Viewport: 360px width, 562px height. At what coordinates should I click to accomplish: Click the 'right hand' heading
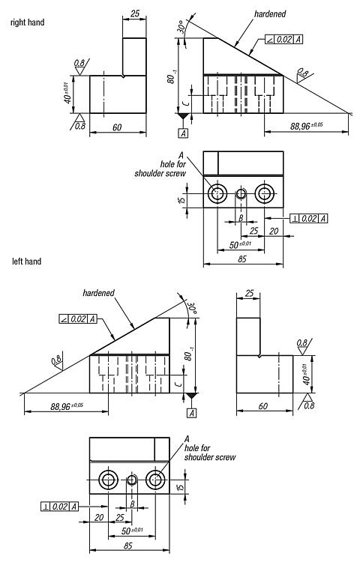[27, 22]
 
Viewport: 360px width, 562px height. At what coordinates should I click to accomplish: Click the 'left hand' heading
[26, 262]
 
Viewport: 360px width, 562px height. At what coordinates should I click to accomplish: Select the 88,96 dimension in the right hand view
[307, 126]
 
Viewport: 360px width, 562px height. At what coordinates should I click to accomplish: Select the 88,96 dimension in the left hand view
[67, 406]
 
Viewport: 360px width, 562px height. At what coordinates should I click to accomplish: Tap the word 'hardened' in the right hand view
[270, 14]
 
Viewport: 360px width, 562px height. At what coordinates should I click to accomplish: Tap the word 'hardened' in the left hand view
[98, 293]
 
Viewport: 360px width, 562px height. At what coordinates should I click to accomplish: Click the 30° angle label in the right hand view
[181, 28]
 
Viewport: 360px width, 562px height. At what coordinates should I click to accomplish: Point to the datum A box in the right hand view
[183, 133]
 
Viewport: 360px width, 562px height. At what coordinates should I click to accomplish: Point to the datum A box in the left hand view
[192, 413]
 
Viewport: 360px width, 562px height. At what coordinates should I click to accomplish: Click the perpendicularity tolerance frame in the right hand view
[309, 218]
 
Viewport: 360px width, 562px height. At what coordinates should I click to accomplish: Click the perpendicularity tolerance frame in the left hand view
[59, 507]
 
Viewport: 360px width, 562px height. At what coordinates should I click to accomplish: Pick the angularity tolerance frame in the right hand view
[284, 40]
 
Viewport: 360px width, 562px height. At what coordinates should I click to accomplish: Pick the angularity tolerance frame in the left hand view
[78, 318]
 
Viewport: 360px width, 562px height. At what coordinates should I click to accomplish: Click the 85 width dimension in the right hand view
[242, 259]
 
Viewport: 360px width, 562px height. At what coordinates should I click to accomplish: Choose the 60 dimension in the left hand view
[262, 406]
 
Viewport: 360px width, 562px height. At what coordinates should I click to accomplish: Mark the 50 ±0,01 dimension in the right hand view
[240, 245]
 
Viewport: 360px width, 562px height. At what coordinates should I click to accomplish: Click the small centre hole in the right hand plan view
[241, 194]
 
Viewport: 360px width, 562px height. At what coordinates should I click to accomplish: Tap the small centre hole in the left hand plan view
[132, 480]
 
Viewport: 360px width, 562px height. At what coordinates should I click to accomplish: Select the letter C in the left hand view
[180, 384]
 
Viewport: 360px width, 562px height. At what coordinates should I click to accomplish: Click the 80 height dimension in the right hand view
[172, 77]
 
